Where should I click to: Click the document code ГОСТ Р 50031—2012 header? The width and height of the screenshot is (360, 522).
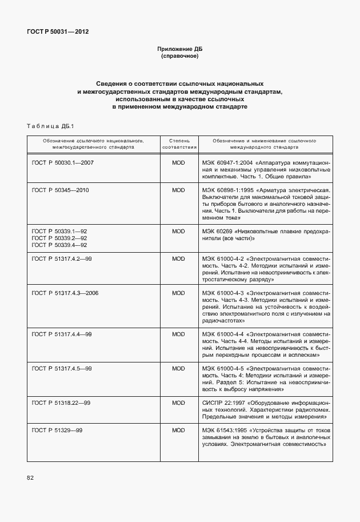57,31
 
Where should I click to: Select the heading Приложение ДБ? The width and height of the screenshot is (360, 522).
180,49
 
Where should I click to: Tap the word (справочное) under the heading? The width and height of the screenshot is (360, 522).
180,57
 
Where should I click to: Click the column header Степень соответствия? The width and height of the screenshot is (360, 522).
179,143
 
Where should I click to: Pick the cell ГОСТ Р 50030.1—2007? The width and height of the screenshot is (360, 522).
63,163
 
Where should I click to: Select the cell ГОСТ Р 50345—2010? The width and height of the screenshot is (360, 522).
61,190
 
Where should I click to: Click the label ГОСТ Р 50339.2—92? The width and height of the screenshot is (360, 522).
59,238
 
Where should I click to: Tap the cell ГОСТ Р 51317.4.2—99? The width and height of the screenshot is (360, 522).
62,259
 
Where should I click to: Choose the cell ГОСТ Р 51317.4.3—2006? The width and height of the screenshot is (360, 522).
65,293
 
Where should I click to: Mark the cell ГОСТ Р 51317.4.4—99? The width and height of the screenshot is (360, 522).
62,333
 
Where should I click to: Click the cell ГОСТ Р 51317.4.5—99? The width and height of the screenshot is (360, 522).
62,368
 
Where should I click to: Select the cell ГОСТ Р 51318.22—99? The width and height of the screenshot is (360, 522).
61,403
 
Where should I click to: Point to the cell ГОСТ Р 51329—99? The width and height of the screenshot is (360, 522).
58,430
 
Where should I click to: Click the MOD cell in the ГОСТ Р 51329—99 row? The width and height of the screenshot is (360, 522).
179,430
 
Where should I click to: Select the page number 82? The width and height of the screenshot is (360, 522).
30,477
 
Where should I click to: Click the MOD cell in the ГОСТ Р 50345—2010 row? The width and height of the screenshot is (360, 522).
179,190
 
